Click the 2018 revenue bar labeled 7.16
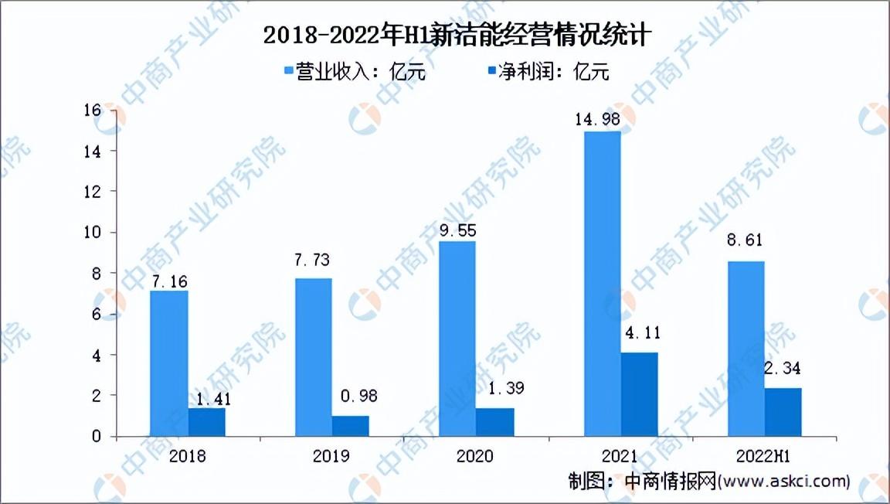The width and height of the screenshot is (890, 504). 169,363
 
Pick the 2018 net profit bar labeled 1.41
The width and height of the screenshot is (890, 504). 206,422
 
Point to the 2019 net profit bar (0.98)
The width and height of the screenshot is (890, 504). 350,426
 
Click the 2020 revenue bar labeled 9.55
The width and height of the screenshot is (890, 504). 457,339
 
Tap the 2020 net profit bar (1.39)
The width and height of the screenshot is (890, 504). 494,422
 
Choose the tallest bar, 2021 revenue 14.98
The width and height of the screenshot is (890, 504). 602,284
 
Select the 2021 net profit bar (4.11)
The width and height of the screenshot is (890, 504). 639,394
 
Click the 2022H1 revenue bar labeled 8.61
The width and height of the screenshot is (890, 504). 746,349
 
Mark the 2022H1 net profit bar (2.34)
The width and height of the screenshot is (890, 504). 783,412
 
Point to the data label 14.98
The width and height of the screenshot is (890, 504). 599,118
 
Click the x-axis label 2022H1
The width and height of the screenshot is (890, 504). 764,456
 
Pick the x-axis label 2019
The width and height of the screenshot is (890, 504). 331,456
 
